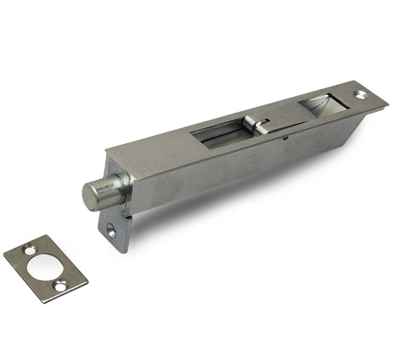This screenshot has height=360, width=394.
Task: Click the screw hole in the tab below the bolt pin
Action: click(x=112, y=230)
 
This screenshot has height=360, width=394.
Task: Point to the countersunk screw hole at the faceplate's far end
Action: click(x=361, y=95)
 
